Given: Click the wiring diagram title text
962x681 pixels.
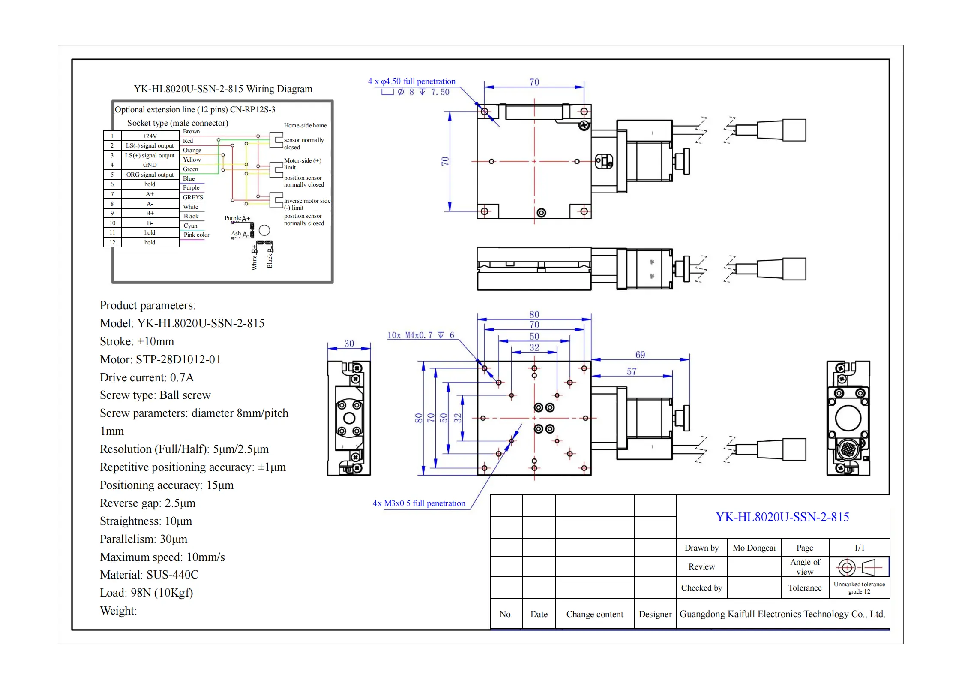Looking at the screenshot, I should click(223, 89).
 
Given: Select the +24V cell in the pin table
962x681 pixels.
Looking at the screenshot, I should click(150, 136).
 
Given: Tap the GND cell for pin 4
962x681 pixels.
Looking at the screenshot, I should click(150, 165).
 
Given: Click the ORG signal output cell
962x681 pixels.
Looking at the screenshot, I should click(150, 175).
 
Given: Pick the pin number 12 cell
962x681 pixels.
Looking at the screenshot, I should click(112, 242).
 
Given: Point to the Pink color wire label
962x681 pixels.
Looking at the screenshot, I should click(196, 235).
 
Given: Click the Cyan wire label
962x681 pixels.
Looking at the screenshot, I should click(190, 226).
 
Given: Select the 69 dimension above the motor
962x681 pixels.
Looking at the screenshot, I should click(640, 355).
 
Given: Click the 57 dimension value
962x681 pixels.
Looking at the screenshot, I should click(631, 371).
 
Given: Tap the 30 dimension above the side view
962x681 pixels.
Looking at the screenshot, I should click(349, 344).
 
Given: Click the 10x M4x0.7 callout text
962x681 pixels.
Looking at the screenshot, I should click(420, 335).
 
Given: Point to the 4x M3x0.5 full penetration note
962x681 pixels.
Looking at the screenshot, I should click(419, 503).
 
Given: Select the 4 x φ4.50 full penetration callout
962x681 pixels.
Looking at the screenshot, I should click(411, 81).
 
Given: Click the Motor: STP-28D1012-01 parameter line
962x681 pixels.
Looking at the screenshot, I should click(160, 359).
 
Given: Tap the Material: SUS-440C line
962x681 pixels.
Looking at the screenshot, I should click(149, 575).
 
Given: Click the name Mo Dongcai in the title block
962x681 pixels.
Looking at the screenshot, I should click(754, 548).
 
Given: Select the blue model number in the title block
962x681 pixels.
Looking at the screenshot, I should click(782, 517).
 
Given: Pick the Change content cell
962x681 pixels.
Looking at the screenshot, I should click(594, 614).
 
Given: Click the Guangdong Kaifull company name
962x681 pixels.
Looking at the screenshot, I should click(782, 614).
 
